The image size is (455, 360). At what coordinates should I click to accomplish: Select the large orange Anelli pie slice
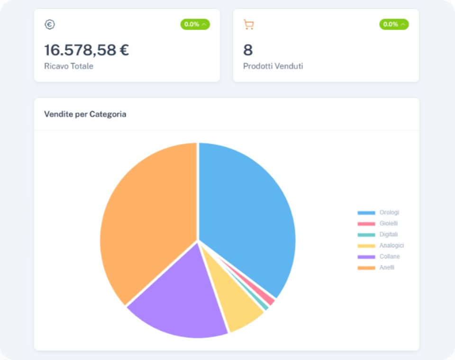tap(147, 223)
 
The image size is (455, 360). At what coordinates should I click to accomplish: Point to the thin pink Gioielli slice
tap(268, 298)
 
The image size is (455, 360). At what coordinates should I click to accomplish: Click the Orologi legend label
tap(389, 213)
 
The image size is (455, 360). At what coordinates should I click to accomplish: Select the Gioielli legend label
tap(389, 224)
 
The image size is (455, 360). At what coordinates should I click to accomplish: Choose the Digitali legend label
tap(389, 234)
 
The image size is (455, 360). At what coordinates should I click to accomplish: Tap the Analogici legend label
tap(391, 245)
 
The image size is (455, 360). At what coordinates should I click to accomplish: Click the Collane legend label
tap(390, 256)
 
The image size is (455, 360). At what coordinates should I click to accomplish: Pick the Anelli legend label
tap(387, 267)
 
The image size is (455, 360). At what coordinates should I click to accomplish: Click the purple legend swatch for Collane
tap(366, 257)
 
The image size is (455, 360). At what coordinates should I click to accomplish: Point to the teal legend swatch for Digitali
tap(366, 235)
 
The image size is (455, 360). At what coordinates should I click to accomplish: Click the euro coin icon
tap(49, 24)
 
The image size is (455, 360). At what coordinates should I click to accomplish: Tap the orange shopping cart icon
tap(248, 24)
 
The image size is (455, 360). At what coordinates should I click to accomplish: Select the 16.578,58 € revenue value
tap(86, 50)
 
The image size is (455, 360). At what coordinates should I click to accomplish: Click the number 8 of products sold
tap(248, 50)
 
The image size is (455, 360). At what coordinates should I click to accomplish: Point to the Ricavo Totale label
tap(69, 66)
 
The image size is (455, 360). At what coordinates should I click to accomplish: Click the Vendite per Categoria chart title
tap(85, 114)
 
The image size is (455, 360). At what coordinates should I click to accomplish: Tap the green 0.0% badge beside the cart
tap(394, 24)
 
